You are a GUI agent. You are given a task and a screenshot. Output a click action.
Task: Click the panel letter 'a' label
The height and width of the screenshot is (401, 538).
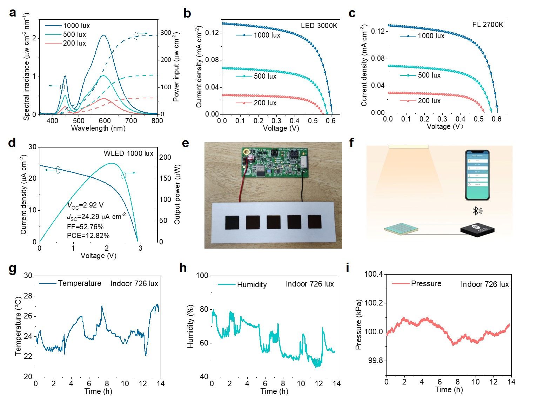(13, 13)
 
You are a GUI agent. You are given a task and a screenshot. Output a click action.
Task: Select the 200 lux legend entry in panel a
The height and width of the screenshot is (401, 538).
(74, 43)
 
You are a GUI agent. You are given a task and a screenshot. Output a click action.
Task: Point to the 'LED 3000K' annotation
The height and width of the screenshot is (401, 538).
(319, 26)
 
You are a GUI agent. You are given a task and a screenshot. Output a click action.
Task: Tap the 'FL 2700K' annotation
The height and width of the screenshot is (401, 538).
(487, 25)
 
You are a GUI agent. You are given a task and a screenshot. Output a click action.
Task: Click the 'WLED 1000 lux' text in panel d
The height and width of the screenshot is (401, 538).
(128, 153)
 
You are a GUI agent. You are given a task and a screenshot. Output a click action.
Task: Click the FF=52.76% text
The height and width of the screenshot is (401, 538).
(85, 226)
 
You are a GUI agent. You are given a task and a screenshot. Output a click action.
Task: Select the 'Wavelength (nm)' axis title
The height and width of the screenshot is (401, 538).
(98, 128)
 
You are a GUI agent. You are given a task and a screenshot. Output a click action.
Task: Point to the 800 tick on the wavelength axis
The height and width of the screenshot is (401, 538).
(157, 121)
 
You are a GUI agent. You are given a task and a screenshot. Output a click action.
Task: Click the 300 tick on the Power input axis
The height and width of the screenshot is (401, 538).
(166, 33)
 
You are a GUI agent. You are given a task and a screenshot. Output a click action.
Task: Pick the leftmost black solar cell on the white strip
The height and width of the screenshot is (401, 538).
(232, 223)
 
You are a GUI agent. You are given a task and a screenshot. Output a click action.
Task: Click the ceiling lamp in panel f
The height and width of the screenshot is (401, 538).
(408, 146)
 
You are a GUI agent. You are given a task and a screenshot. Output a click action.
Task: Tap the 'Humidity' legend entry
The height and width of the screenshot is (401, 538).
(252, 284)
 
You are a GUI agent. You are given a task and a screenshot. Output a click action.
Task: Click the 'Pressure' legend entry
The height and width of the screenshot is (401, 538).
(426, 283)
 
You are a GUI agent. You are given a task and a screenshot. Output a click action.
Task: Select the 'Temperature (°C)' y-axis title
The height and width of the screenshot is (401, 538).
(19, 326)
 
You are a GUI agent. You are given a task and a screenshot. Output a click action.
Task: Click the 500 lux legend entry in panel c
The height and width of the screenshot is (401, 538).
(429, 75)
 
